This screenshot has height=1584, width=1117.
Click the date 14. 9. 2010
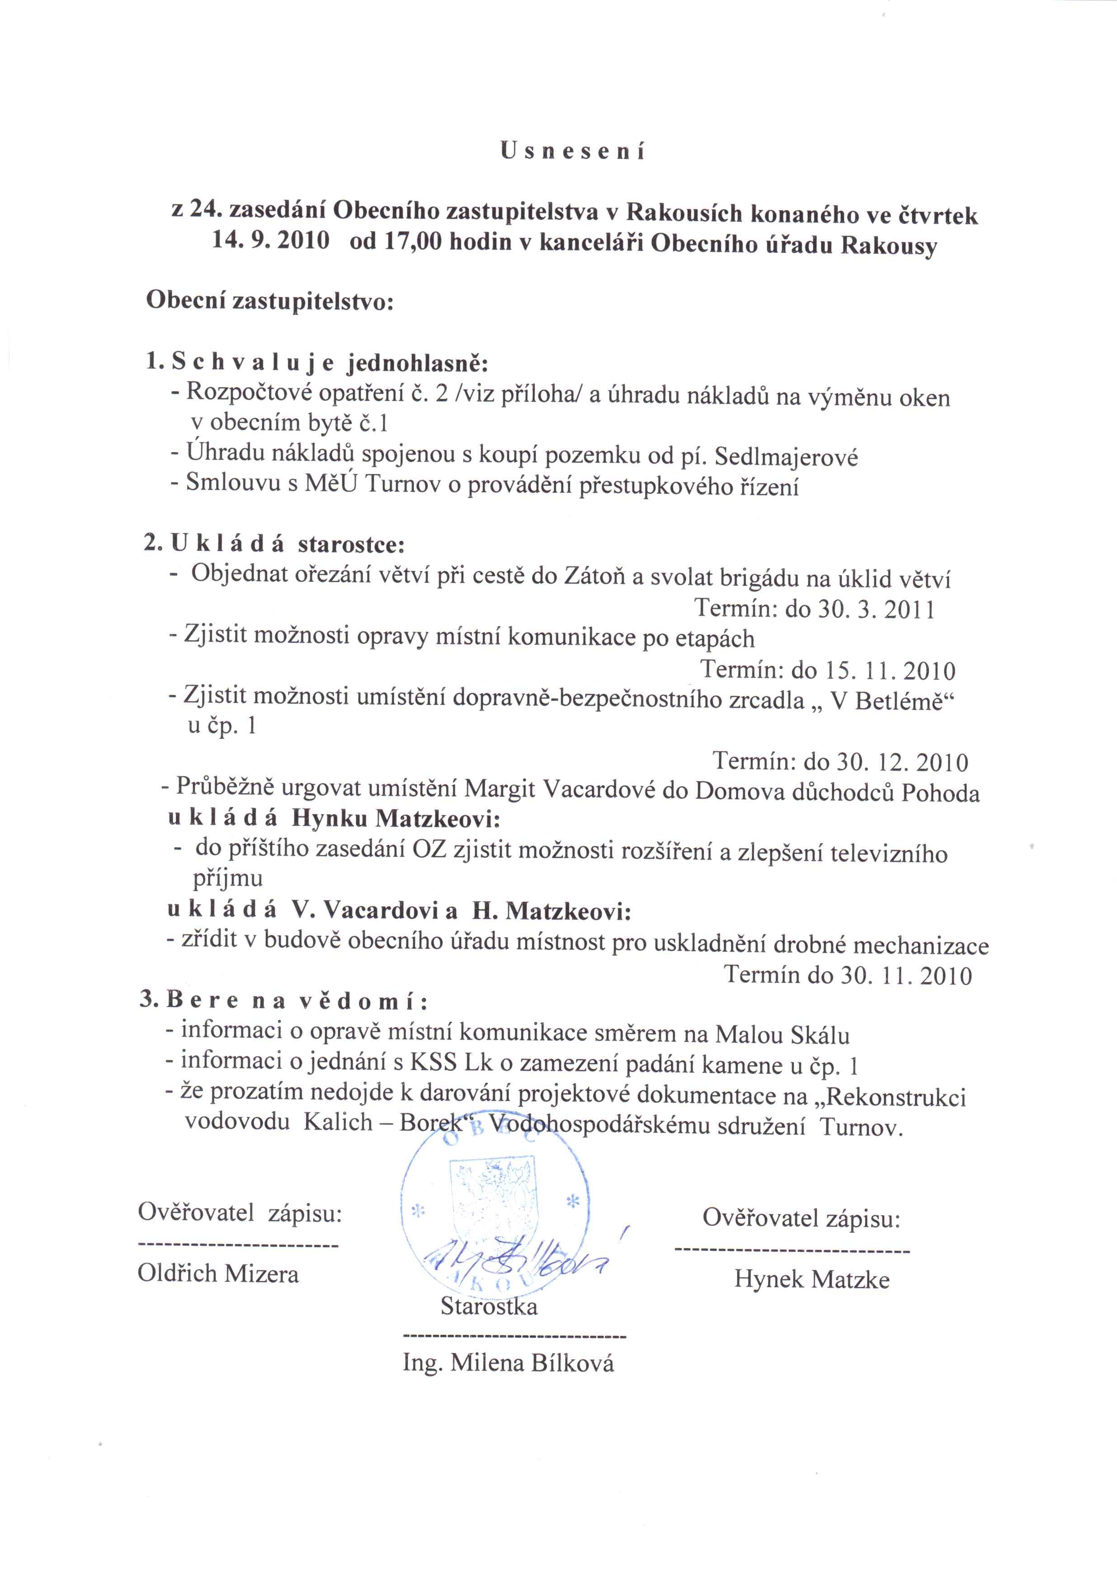(x=270, y=244)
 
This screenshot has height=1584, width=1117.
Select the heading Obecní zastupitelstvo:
(x=270, y=302)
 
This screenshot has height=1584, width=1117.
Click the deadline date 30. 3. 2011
(x=876, y=609)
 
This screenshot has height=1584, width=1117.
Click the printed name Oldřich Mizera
(x=218, y=1273)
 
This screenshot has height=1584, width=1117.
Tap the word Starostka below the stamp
(x=489, y=1306)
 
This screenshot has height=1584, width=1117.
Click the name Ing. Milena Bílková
(x=509, y=1363)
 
